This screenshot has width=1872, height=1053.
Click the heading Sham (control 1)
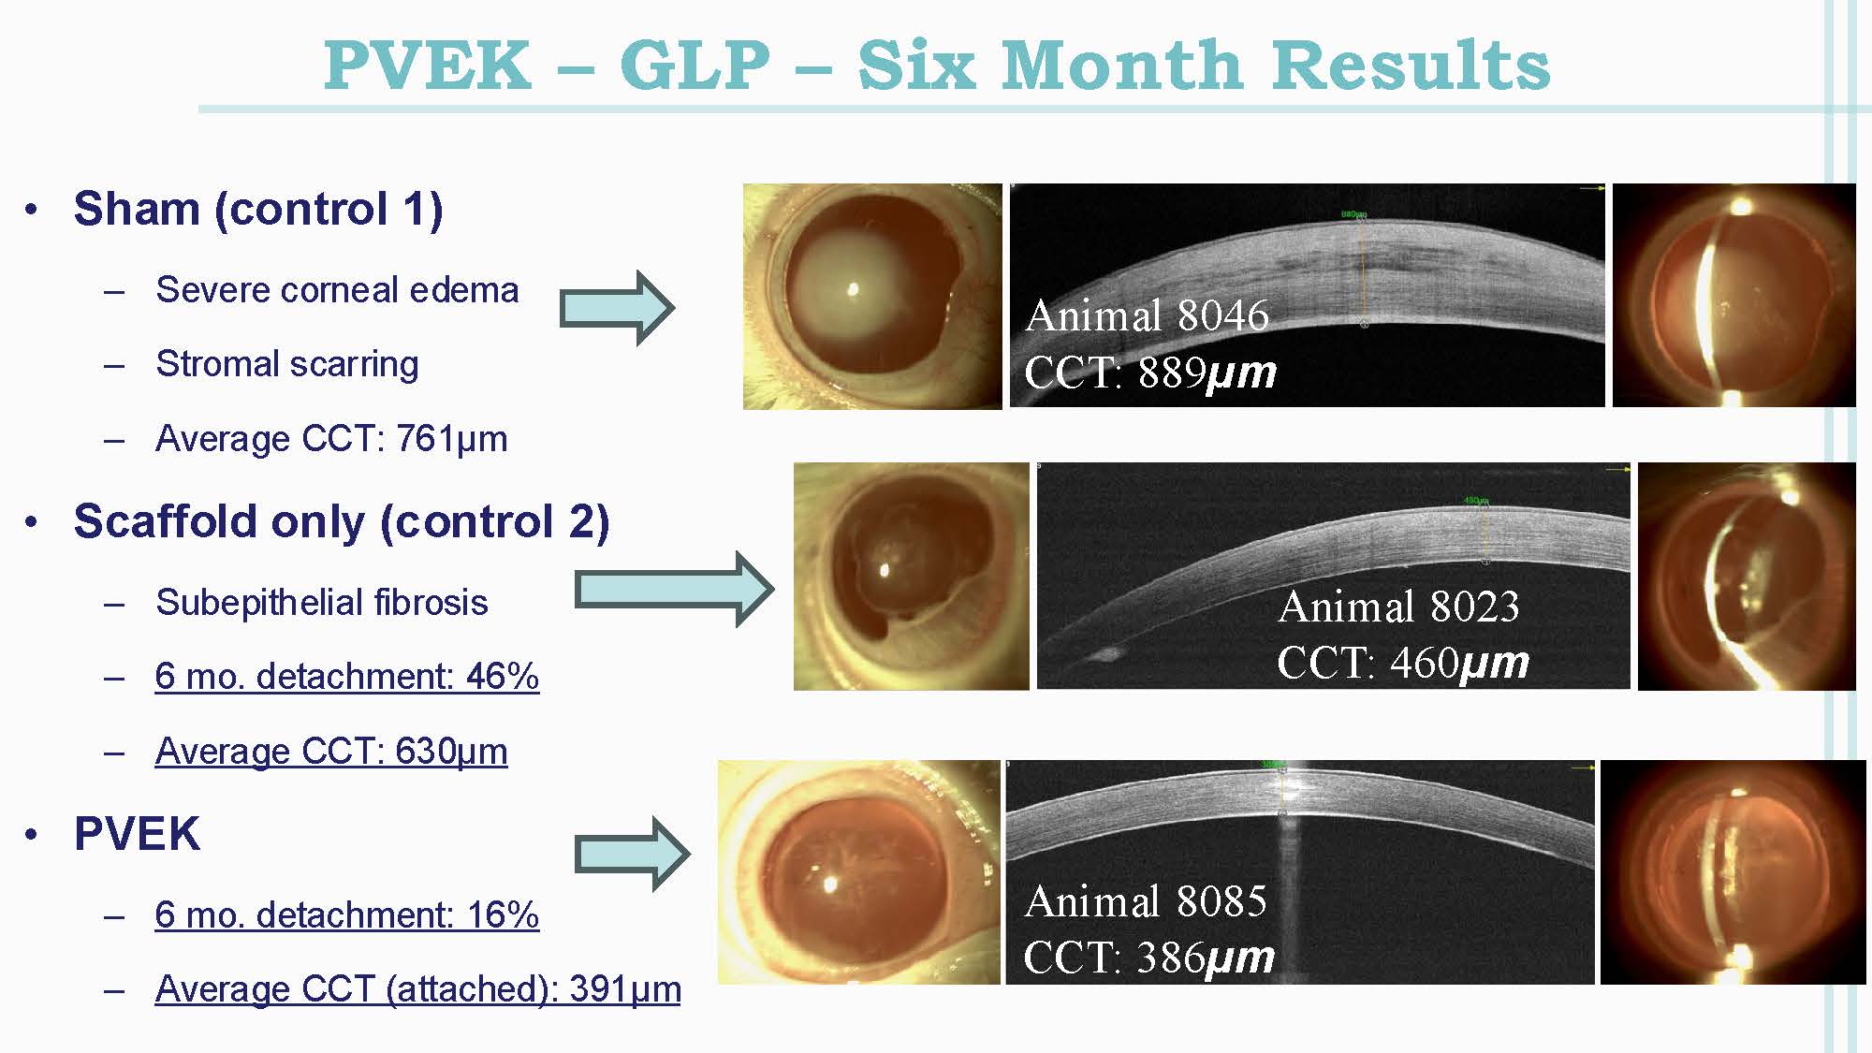tap(257, 208)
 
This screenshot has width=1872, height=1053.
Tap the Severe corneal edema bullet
tap(337, 290)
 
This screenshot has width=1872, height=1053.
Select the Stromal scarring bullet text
tap(286, 364)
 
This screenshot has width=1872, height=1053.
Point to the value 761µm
tap(451, 438)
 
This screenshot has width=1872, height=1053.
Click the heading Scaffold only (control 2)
tap(342, 520)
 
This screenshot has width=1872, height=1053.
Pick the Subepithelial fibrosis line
tap(321, 602)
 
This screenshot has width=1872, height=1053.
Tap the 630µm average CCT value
tap(451, 751)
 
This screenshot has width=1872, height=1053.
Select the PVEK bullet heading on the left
tap(137, 833)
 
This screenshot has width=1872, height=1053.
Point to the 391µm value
tap(625, 988)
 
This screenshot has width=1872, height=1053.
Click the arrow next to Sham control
tap(617, 308)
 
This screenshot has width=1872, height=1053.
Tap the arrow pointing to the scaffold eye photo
tap(674, 590)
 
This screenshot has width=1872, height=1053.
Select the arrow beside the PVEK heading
tap(632, 853)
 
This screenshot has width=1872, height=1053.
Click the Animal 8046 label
tap(1147, 315)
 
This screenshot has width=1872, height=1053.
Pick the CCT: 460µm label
tap(1402, 663)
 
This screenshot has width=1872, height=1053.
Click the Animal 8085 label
tap(1146, 901)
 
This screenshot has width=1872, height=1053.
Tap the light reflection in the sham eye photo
tap(853, 290)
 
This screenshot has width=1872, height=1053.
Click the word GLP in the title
tap(695, 66)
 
